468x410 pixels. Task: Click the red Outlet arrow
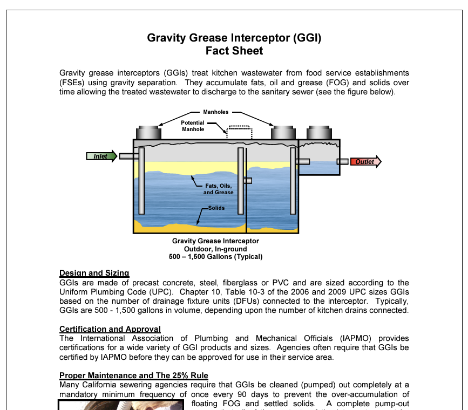click(x=365, y=161)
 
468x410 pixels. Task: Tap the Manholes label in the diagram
click(x=215, y=112)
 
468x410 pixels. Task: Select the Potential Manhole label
click(x=193, y=126)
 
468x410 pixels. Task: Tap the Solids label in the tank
click(x=216, y=208)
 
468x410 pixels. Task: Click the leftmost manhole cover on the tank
click(x=150, y=132)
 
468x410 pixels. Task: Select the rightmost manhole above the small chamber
click(x=318, y=132)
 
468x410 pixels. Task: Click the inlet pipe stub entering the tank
click(x=128, y=156)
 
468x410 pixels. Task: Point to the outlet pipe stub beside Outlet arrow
click(x=342, y=161)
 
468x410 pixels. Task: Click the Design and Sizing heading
click(x=94, y=273)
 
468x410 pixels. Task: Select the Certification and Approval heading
click(x=110, y=329)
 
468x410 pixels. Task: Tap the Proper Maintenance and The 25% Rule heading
click(x=133, y=375)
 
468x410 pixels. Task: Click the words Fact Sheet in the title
click(x=234, y=51)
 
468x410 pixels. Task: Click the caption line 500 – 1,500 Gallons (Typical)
click(x=215, y=257)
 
